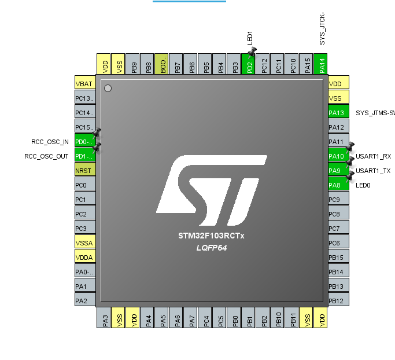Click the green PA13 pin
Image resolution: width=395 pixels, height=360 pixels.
point(338,113)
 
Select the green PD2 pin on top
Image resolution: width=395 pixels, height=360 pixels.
point(249,64)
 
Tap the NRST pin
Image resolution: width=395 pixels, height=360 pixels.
point(85,171)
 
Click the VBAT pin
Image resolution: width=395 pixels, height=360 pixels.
point(85,84)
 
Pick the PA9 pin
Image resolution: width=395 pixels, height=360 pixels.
point(338,171)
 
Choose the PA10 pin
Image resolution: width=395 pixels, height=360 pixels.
point(338,156)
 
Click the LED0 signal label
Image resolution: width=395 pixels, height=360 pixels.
point(363,185)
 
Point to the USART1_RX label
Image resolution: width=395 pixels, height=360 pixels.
point(373,156)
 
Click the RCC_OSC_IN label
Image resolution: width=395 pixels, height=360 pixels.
point(50,142)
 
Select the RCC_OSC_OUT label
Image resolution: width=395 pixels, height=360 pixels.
point(46,156)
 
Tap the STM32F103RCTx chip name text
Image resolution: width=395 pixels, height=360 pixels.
point(212,236)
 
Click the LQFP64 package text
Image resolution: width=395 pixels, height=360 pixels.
point(212,248)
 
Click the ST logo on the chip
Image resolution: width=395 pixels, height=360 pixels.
point(212,190)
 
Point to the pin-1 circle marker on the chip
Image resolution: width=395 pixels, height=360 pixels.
point(108,88)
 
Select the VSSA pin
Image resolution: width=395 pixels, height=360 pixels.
point(85,243)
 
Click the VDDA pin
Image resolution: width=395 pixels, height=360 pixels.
point(85,258)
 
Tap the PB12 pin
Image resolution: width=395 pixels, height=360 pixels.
point(338,301)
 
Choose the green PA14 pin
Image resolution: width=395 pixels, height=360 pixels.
point(322,64)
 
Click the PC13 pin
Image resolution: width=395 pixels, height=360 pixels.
point(85,98)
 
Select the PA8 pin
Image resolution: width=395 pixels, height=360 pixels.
point(338,185)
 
